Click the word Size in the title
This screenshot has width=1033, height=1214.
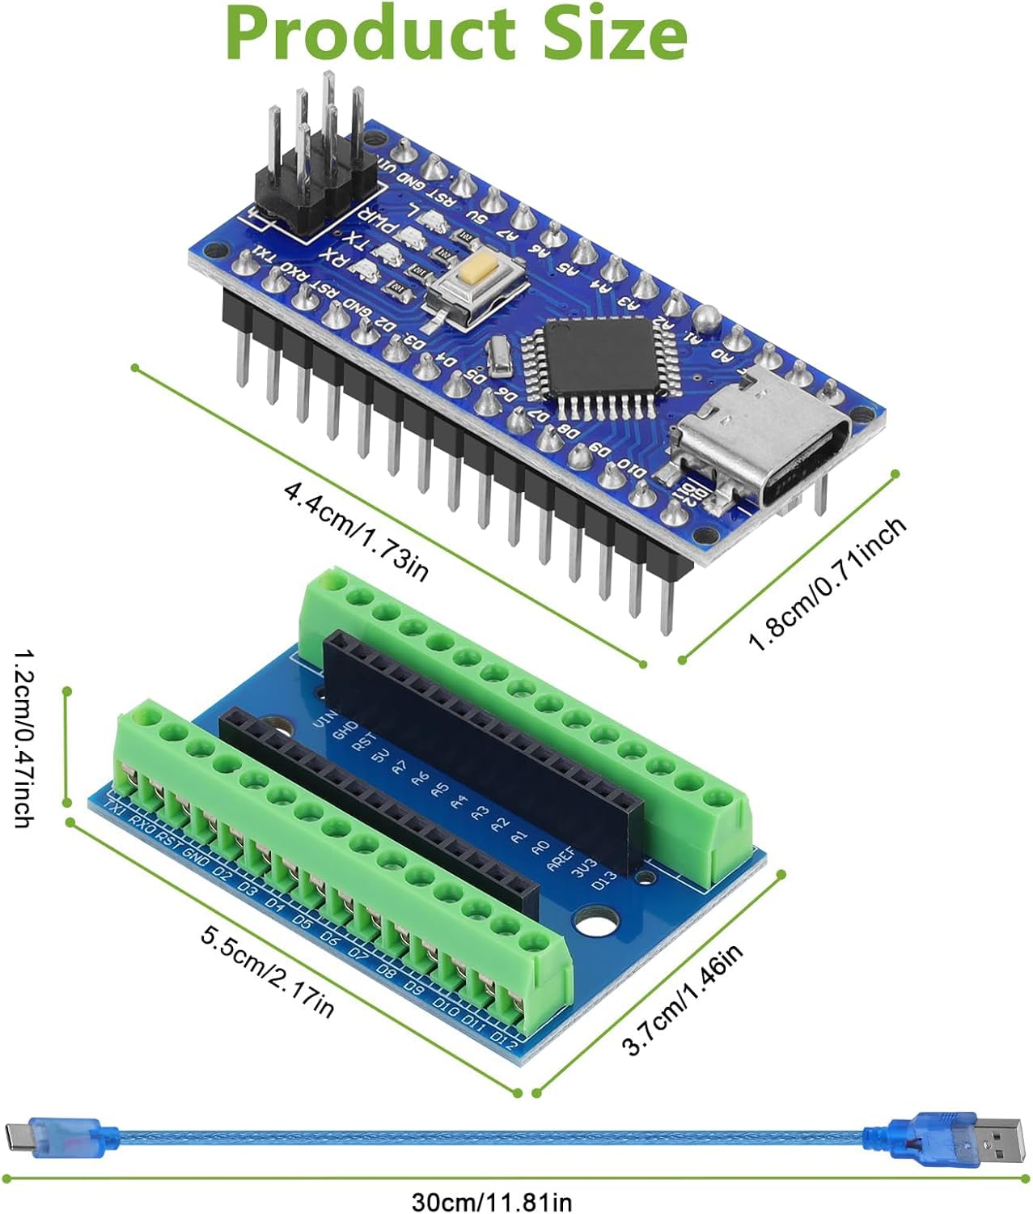[615, 34]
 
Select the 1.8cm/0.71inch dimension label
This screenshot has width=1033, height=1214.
[827, 585]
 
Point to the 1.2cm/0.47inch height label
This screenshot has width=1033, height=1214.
[23, 737]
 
